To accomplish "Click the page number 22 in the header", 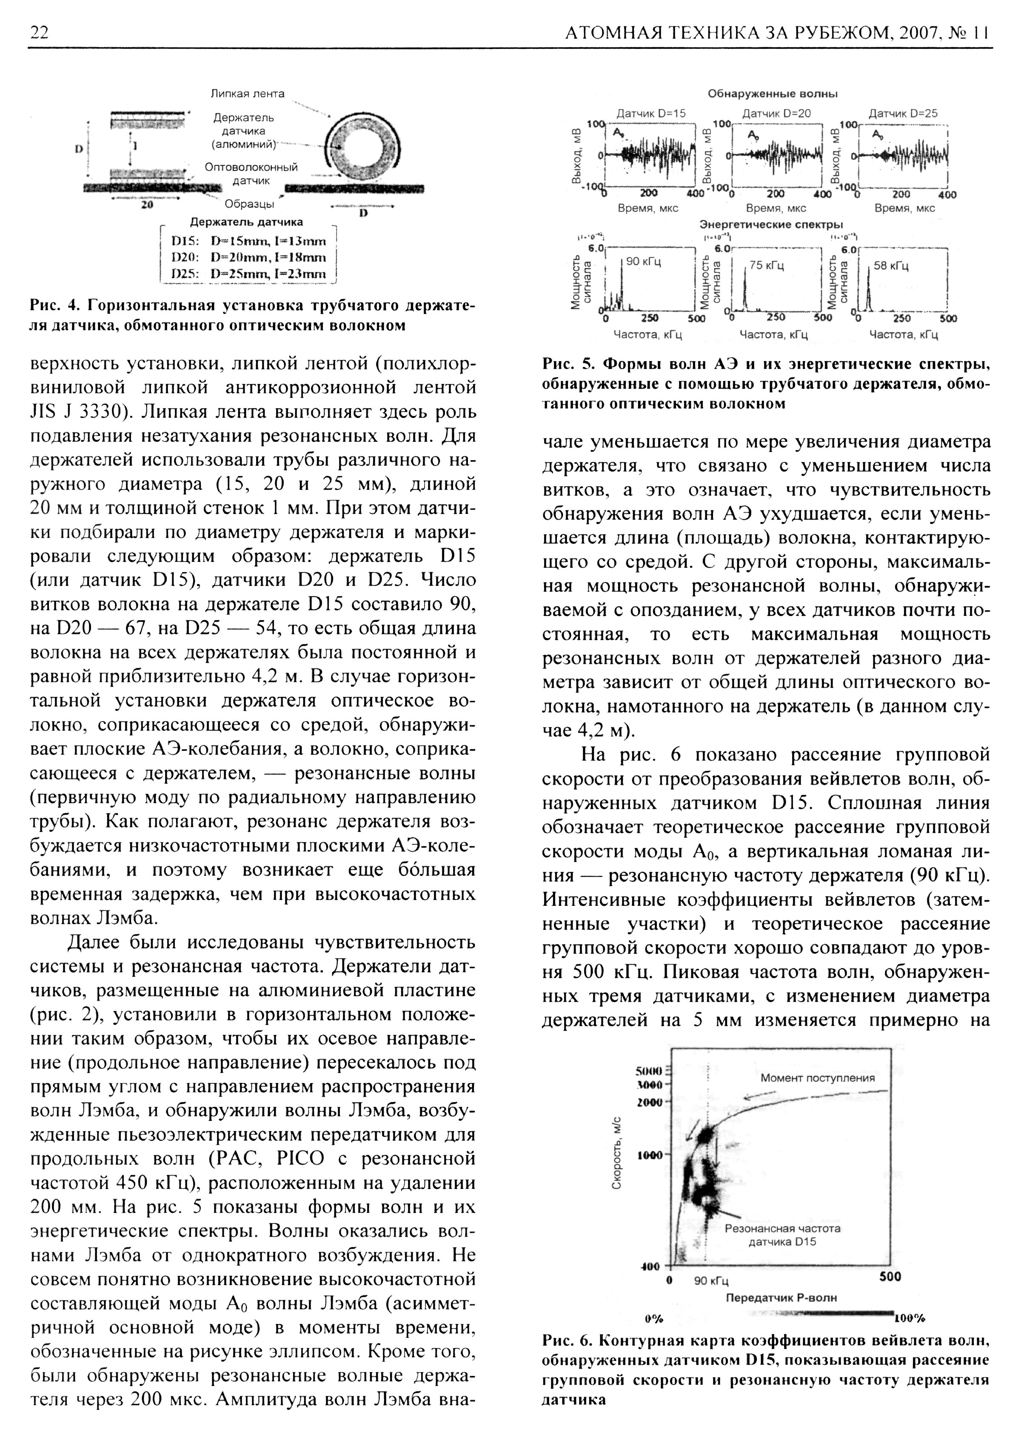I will pyautogui.click(x=39, y=33).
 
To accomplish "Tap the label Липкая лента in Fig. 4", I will pyautogui.click(x=247, y=94).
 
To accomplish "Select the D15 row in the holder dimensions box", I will pyautogui.click(x=250, y=241).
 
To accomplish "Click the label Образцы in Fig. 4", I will pyautogui.click(x=250, y=204).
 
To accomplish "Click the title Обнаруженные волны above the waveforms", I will pyautogui.click(x=773, y=94).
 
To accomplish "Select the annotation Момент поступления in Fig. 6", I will pyautogui.click(x=817, y=1078).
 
